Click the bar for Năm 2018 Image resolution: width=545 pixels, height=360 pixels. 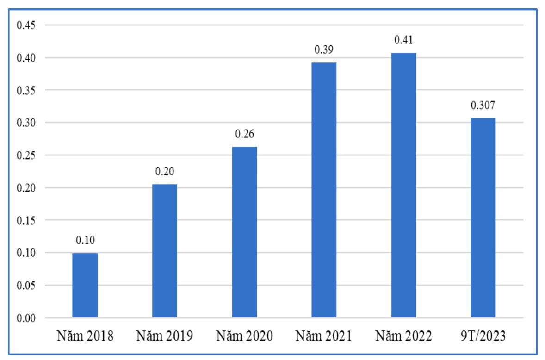[85, 285]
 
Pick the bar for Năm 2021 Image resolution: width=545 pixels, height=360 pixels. [324, 190]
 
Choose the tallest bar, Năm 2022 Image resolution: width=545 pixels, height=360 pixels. [403, 185]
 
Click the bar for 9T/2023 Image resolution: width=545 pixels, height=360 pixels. [483, 218]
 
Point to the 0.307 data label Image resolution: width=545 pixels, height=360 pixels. [483, 106]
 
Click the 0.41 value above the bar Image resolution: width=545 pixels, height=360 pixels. [403, 40]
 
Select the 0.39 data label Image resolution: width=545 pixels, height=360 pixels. [324, 50]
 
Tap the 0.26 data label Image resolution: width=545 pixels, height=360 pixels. [244, 134]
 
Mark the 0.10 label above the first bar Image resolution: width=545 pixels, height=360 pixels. [85, 241]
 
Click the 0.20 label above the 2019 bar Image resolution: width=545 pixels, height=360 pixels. [165, 172]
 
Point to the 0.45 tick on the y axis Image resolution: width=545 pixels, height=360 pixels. [26, 25]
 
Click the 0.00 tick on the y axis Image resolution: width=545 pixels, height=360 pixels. [26, 318]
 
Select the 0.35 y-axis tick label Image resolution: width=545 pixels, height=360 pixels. [26, 90]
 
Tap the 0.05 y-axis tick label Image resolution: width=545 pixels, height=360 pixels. [26, 286]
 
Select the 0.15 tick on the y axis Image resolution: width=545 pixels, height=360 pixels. [26, 220]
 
